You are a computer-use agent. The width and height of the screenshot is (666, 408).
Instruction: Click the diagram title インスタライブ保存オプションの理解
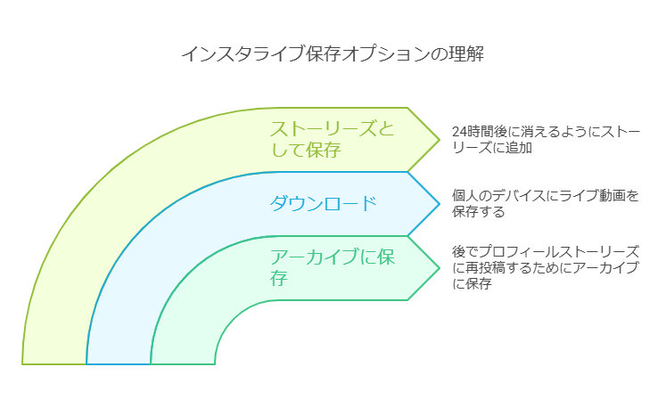(x=333, y=54)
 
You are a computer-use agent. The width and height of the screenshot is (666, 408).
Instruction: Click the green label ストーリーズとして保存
(x=333, y=139)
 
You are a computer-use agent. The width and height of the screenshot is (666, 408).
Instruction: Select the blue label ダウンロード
(x=324, y=204)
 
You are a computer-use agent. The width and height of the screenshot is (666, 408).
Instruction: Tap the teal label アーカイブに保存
(x=333, y=267)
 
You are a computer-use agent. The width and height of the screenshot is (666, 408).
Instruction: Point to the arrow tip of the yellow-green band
(x=440, y=140)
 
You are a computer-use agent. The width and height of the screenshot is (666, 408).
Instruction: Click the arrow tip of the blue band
(x=440, y=204)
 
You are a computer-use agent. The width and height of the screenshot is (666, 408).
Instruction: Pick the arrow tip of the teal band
(x=440, y=268)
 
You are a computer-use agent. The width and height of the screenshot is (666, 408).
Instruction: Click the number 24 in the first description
(x=459, y=132)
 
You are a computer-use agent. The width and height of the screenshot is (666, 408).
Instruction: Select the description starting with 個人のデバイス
(x=546, y=203)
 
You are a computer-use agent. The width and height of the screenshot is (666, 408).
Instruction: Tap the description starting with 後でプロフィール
(x=546, y=267)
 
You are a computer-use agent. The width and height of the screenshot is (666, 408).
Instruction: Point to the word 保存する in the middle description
(x=478, y=211)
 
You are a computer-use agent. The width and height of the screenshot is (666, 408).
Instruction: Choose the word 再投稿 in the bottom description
(x=486, y=267)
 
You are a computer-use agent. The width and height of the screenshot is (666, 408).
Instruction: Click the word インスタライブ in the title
(x=243, y=54)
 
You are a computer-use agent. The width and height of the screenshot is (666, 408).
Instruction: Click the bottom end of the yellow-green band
(x=54, y=363)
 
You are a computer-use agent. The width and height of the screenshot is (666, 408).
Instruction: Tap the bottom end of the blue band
(x=119, y=363)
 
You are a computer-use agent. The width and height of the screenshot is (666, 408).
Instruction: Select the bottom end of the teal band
(x=183, y=363)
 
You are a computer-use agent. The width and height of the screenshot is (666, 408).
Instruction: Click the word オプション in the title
(x=386, y=54)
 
